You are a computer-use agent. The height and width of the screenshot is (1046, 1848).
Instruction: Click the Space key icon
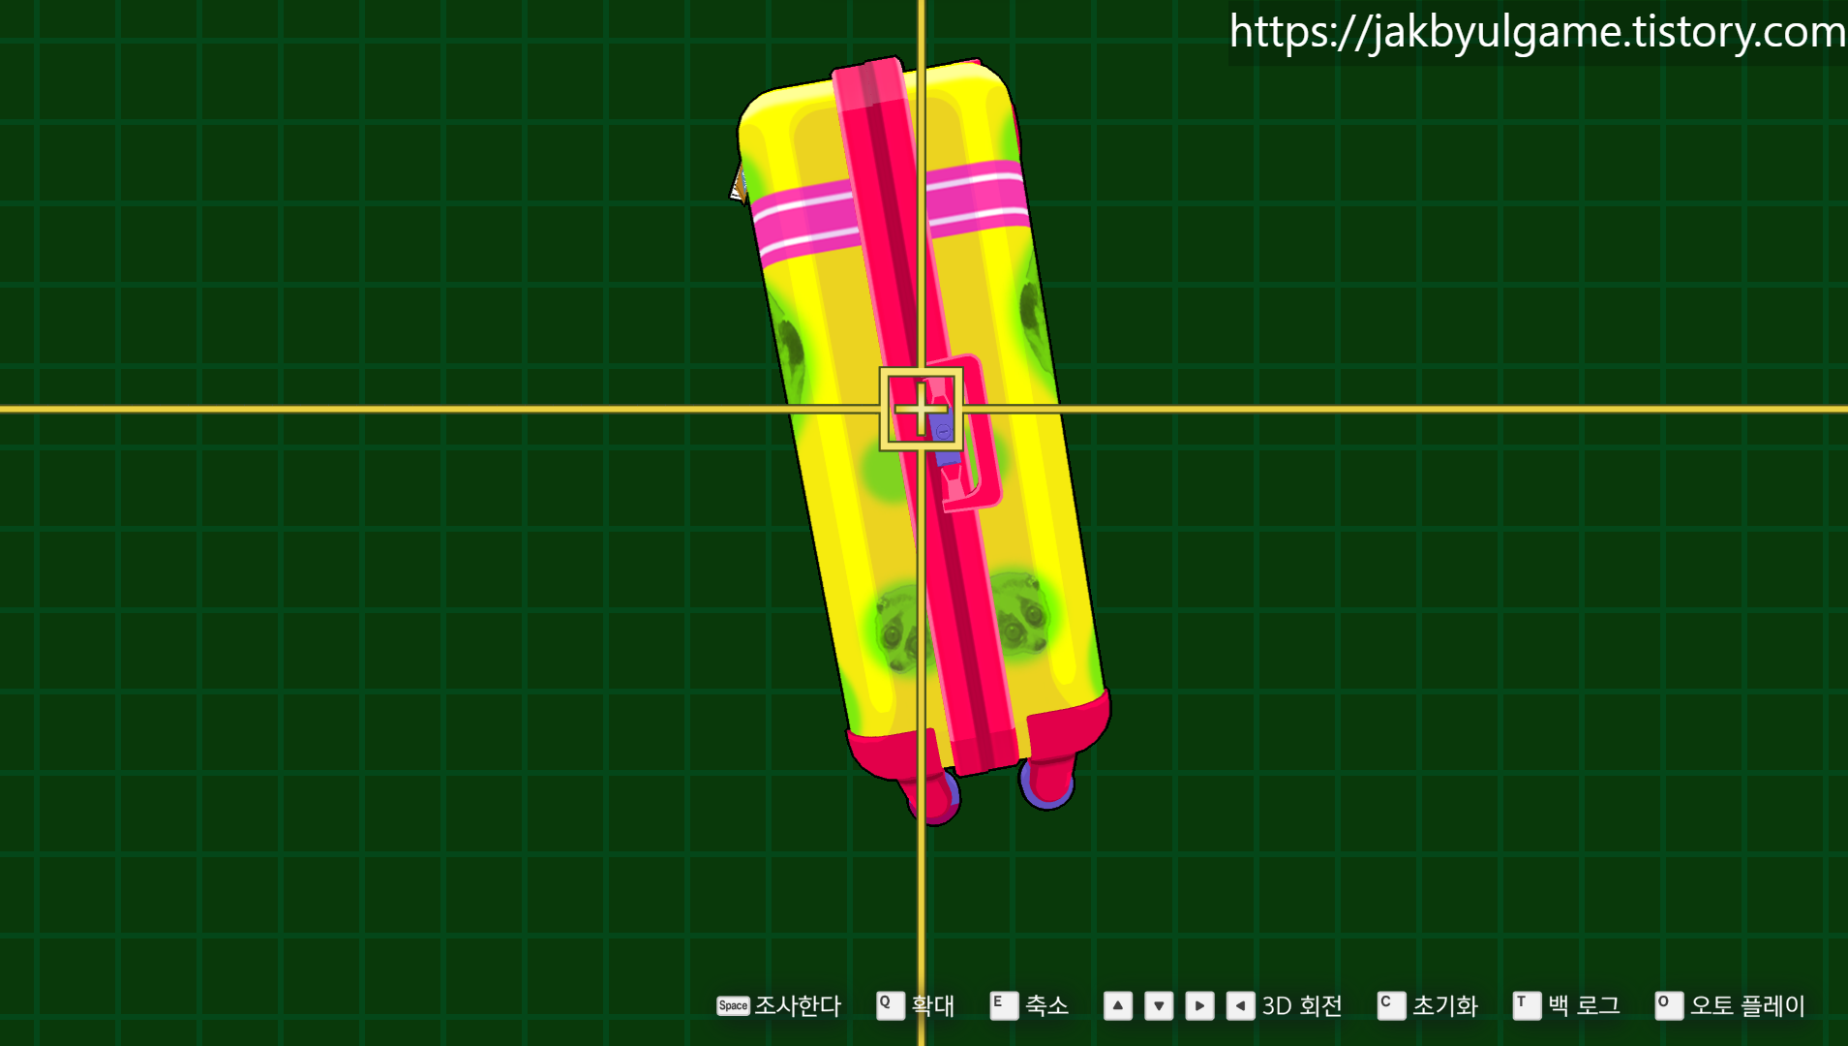pyautogui.click(x=733, y=1006)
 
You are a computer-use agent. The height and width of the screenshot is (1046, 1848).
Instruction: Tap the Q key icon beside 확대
pyautogui.click(x=890, y=1005)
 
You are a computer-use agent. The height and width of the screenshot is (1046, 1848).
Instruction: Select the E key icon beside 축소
pyautogui.click(x=1004, y=1005)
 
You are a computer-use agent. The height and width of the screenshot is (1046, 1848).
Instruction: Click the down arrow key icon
pyautogui.click(x=1159, y=1005)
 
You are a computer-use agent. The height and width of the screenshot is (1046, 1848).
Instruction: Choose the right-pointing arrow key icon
pyautogui.click(x=1199, y=1005)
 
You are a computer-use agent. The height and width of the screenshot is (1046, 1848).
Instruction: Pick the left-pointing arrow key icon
pyautogui.click(x=1240, y=1005)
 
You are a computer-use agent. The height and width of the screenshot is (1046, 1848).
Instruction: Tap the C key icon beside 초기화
pyautogui.click(x=1391, y=1005)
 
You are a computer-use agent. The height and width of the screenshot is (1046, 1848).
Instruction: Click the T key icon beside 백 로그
pyautogui.click(x=1527, y=1005)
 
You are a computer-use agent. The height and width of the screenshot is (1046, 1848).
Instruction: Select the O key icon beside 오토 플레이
pyautogui.click(x=1669, y=1005)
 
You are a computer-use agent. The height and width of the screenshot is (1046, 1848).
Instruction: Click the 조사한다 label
pyautogui.click(x=798, y=1006)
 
